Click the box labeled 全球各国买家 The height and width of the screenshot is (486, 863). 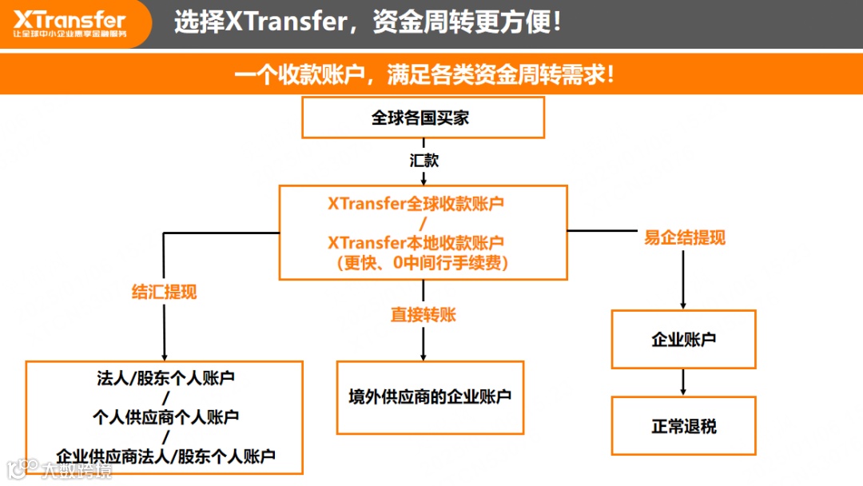pyautogui.click(x=423, y=118)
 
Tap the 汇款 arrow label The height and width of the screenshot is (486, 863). pyautogui.click(x=424, y=160)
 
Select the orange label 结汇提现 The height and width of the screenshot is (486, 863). pyautogui.click(x=164, y=292)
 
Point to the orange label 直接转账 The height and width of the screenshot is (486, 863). pyautogui.click(x=423, y=314)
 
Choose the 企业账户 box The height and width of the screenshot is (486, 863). pyautogui.click(x=683, y=339)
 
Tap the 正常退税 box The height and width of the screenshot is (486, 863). pyautogui.click(x=683, y=425)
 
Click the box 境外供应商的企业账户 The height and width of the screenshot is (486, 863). pyautogui.click(x=430, y=396)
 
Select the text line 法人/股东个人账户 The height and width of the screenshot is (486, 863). pyautogui.click(x=165, y=377)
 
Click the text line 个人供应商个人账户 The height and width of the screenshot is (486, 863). pyautogui.click(x=165, y=416)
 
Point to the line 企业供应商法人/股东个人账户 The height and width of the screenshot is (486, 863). pyautogui.click(x=165, y=456)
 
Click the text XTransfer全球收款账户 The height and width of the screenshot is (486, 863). pyautogui.click(x=416, y=204)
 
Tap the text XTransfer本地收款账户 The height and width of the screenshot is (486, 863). pyautogui.click(x=416, y=242)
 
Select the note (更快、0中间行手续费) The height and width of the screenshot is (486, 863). pyautogui.click(x=422, y=261)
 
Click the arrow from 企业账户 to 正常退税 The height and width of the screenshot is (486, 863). pyautogui.click(x=682, y=381)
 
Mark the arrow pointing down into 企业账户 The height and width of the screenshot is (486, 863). pyautogui.click(x=682, y=280)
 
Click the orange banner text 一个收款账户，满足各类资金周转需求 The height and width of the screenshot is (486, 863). pyautogui.click(x=424, y=76)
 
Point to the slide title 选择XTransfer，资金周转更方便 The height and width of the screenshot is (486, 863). pyautogui.click(x=368, y=22)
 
